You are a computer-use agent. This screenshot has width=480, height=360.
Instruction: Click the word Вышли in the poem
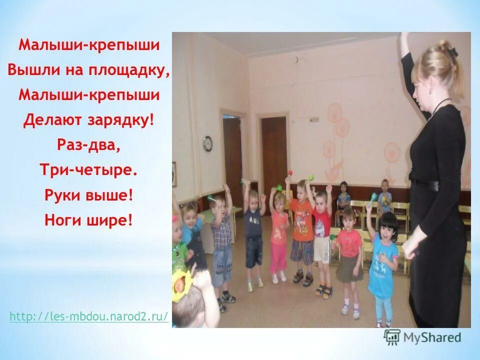pos(32,70)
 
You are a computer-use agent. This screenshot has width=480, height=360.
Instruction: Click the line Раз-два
pos(89,145)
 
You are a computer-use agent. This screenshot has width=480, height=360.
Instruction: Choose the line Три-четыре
pos(89,170)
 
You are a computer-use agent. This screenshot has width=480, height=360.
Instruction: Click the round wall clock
pos(207,143)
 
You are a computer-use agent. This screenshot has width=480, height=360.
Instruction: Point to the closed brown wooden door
pos(274,155)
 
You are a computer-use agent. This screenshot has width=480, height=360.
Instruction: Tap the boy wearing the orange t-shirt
pos(301,225)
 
